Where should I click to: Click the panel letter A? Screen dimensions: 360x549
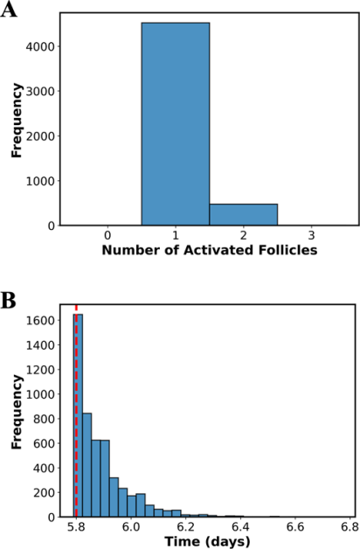(9, 10)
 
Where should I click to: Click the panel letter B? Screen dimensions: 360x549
(9, 301)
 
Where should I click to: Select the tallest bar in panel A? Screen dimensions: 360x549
(176, 124)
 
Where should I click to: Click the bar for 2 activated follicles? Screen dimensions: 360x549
(244, 215)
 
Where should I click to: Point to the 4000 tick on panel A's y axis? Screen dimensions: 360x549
(40, 46)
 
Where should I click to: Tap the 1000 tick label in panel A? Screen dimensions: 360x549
(40, 181)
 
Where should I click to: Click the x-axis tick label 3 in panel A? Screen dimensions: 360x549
(311, 235)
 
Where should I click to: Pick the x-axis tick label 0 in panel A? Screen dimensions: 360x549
(107, 235)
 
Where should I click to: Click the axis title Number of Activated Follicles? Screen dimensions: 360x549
(210, 250)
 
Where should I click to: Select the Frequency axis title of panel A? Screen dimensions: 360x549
(17, 120)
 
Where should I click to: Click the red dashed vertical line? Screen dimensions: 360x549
(76, 411)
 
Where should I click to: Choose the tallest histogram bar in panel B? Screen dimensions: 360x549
(78, 415)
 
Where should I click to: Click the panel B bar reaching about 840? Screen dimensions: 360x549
(87, 465)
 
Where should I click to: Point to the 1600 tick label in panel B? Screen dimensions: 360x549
(40, 321)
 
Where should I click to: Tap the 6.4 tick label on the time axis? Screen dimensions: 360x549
(241, 527)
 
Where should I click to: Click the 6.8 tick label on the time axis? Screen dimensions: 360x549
(351, 527)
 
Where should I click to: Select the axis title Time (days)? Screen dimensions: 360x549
(207, 542)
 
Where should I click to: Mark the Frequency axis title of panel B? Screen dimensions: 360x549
(17, 412)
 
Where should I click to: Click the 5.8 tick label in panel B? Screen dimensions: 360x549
(76, 527)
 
